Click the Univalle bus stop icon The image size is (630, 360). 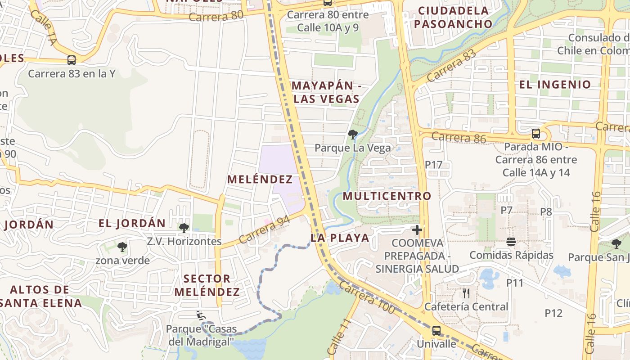click(x=436, y=331)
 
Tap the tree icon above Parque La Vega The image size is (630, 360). click(x=353, y=134)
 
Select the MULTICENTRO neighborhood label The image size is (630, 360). click(x=387, y=196)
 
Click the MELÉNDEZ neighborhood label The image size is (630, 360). click(x=260, y=180)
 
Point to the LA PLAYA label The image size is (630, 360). click(x=340, y=238)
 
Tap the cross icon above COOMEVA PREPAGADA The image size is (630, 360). click(x=417, y=230)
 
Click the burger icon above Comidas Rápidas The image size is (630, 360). click(x=511, y=242)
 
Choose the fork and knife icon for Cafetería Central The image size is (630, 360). click(x=466, y=293)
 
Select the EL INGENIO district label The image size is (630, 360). click(x=555, y=85)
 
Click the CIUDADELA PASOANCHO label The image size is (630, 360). click(x=453, y=17)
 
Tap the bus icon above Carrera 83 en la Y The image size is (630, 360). click(x=71, y=60)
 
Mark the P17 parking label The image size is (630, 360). click(x=434, y=165)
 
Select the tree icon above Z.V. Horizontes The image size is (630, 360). click(x=184, y=228)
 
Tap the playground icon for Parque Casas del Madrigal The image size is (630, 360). click(x=201, y=315)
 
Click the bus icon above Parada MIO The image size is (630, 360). click(x=535, y=134)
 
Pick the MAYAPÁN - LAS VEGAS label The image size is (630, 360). click(x=327, y=92)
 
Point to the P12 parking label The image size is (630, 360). click(x=553, y=313)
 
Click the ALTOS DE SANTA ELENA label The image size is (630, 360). click(x=40, y=296)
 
